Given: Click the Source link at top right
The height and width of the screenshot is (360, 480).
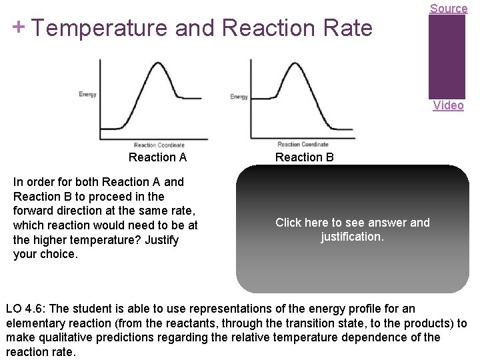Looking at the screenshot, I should [448, 8].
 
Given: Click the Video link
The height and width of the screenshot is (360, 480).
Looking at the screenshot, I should [448, 105].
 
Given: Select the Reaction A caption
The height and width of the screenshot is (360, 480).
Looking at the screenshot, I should [157, 157].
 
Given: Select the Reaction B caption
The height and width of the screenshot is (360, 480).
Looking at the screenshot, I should [305, 157].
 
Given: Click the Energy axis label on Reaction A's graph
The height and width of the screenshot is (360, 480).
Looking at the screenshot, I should [87, 95].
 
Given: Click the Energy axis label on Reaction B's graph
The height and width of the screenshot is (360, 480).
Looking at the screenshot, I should [239, 97].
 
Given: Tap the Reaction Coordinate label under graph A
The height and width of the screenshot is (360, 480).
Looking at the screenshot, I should [159, 145].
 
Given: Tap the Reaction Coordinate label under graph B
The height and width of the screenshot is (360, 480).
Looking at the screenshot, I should [303, 144].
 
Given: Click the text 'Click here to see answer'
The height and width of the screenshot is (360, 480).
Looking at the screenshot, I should [352, 223].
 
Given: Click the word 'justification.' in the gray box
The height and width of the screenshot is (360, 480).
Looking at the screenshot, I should [352, 237].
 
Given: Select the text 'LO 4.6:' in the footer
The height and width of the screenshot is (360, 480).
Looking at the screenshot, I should [25, 309].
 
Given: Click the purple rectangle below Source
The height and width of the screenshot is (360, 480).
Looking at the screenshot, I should [447, 57].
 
